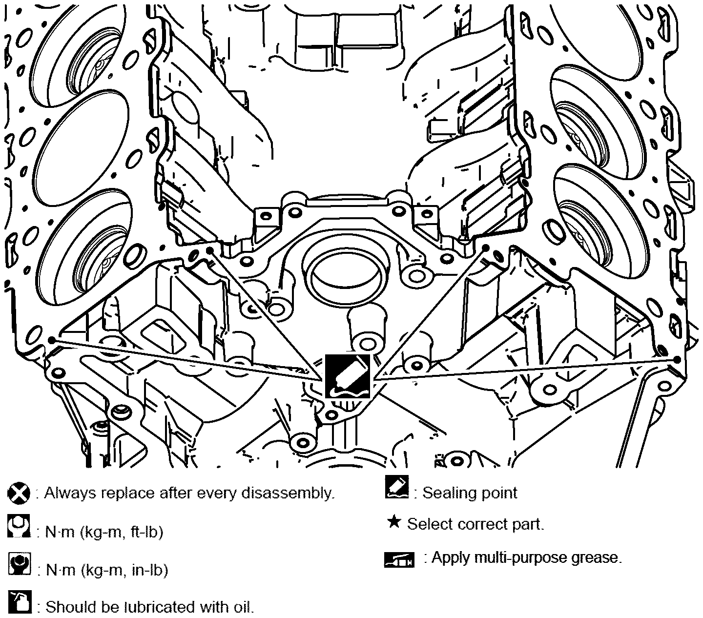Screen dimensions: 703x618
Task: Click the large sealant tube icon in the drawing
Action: tap(348, 376)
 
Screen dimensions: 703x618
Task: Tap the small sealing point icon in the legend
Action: tap(396, 487)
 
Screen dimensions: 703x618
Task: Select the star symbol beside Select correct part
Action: tap(394, 522)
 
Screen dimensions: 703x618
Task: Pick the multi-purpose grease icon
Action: tap(399, 559)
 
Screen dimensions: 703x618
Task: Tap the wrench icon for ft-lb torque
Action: tap(19, 526)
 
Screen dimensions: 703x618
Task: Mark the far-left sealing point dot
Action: tap(51, 340)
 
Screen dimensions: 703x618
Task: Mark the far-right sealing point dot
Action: tap(676, 360)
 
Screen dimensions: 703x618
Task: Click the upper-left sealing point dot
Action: tap(209, 250)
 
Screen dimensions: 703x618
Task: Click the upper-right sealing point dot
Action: tap(486, 247)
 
